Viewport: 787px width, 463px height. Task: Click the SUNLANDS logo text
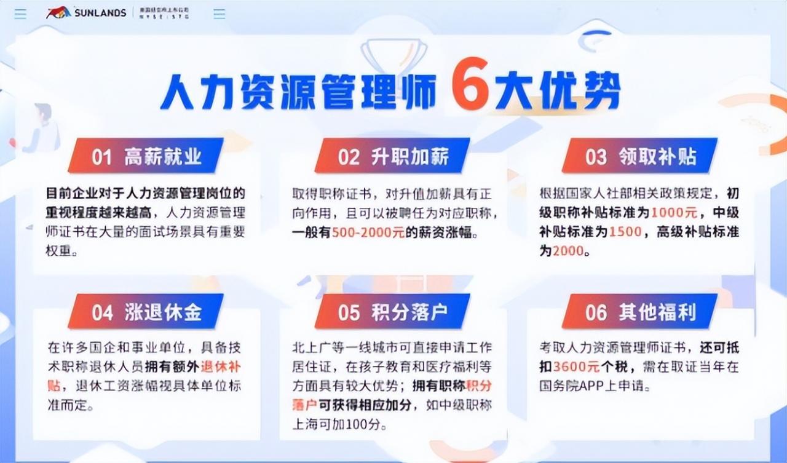tap(100, 13)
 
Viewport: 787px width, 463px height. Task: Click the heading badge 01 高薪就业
tap(146, 156)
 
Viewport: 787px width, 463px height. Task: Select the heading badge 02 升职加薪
tap(393, 156)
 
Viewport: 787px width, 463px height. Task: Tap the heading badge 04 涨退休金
tap(146, 312)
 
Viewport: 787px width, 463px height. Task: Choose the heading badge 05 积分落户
tap(393, 312)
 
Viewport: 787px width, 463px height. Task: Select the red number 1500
tap(626, 232)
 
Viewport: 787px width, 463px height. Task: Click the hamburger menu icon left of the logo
tap(21, 14)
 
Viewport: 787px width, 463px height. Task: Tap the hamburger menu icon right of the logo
tap(219, 14)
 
